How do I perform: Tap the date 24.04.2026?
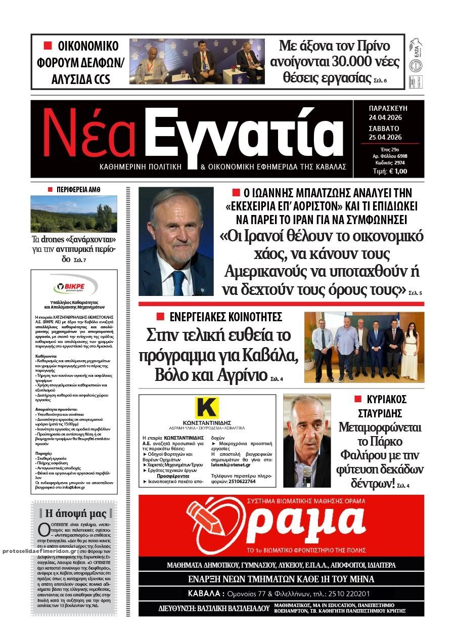click(388, 118)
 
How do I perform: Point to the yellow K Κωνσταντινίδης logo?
click(207, 408)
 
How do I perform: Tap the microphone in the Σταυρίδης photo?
click(307, 474)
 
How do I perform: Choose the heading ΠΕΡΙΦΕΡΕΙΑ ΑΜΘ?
click(78, 189)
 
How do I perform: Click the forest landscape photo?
click(74, 214)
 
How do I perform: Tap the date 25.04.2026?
click(388, 137)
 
